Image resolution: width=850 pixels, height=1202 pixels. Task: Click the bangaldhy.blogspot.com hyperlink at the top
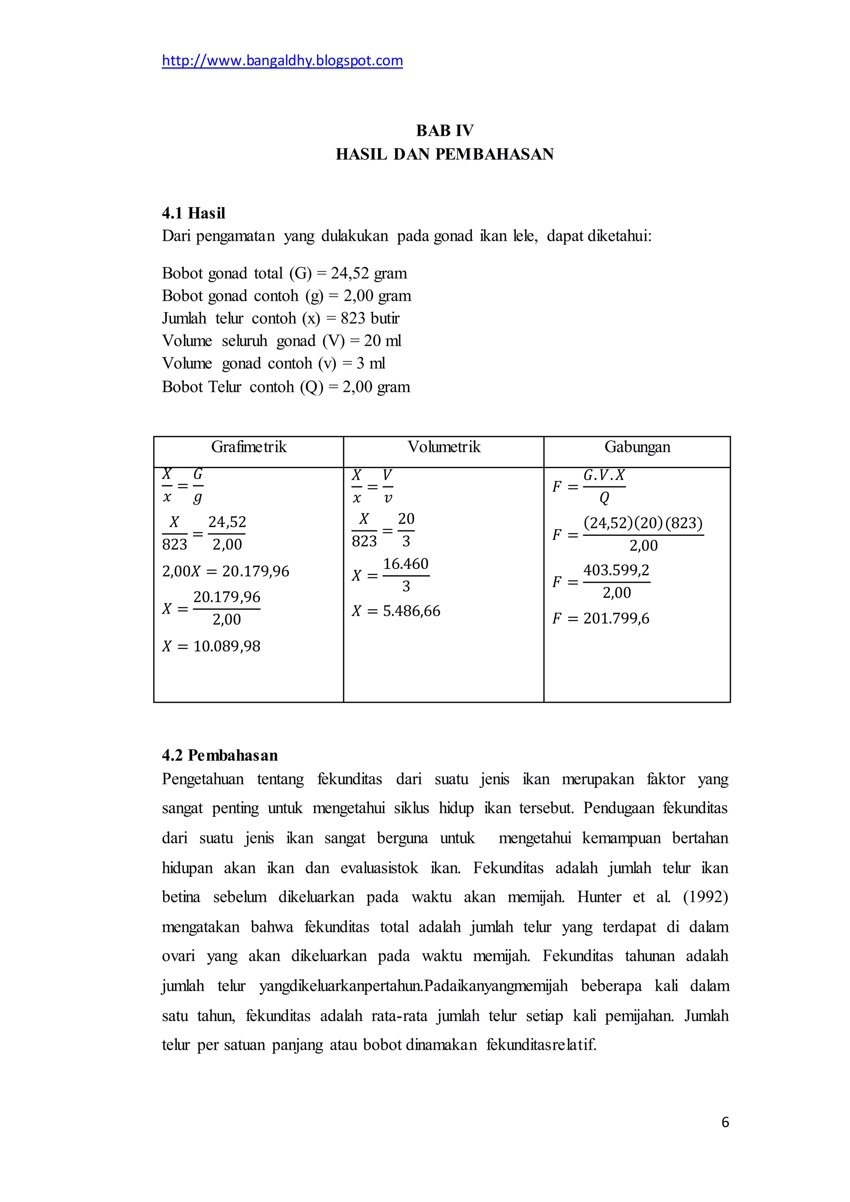click(282, 61)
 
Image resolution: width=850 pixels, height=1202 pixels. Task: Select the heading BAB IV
click(445, 130)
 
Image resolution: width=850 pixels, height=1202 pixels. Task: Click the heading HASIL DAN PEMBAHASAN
click(445, 154)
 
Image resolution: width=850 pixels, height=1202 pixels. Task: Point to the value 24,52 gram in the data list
click(369, 273)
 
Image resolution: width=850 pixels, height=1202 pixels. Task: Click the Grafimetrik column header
click(249, 447)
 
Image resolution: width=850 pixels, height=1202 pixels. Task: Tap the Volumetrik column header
click(444, 447)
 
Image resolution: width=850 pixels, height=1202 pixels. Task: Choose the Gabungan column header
click(637, 447)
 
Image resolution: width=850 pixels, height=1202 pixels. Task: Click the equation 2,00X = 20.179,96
click(226, 571)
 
